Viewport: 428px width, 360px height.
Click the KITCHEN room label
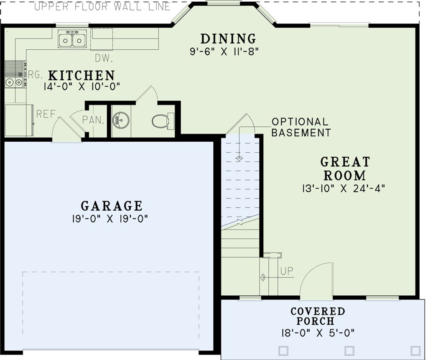point(82,75)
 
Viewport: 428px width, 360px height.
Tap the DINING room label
point(228,38)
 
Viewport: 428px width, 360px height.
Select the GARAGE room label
point(112,206)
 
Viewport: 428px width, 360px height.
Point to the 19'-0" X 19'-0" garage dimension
point(110,219)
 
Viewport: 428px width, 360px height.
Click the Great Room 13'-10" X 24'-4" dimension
point(344,189)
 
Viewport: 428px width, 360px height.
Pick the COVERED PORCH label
point(318,316)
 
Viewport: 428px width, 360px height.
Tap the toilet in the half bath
point(163,121)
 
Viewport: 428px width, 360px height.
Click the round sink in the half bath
point(121,120)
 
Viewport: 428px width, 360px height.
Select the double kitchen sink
point(72,39)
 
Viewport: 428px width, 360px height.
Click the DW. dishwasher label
point(104,58)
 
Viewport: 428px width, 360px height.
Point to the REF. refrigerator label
point(46,114)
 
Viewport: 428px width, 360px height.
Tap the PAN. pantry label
point(93,120)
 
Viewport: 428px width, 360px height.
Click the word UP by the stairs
point(287,271)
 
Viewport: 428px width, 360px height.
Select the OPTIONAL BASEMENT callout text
point(301,127)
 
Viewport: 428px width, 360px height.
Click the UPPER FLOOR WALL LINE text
point(102,7)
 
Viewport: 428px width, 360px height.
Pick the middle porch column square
point(349,350)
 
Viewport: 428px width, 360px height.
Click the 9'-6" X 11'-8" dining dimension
point(224,51)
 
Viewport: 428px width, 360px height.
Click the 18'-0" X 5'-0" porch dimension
point(318,333)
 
